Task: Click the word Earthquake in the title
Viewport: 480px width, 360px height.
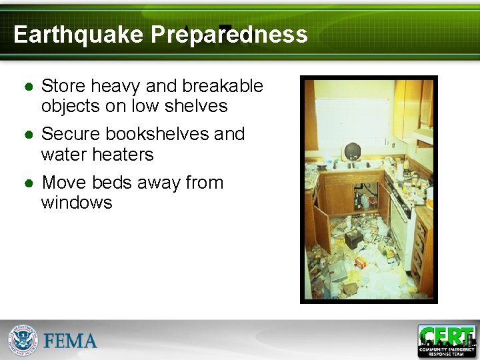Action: pos(78,35)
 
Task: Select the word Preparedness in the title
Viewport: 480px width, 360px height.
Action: pos(229,35)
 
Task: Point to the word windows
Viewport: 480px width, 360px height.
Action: pos(77,203)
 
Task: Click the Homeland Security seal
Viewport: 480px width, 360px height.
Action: pos(23,341)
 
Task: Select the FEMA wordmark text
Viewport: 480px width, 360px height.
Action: pos(71,341)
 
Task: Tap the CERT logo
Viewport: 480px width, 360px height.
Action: pos(447,341)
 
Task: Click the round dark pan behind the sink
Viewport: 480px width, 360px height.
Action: pos(351,150)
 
